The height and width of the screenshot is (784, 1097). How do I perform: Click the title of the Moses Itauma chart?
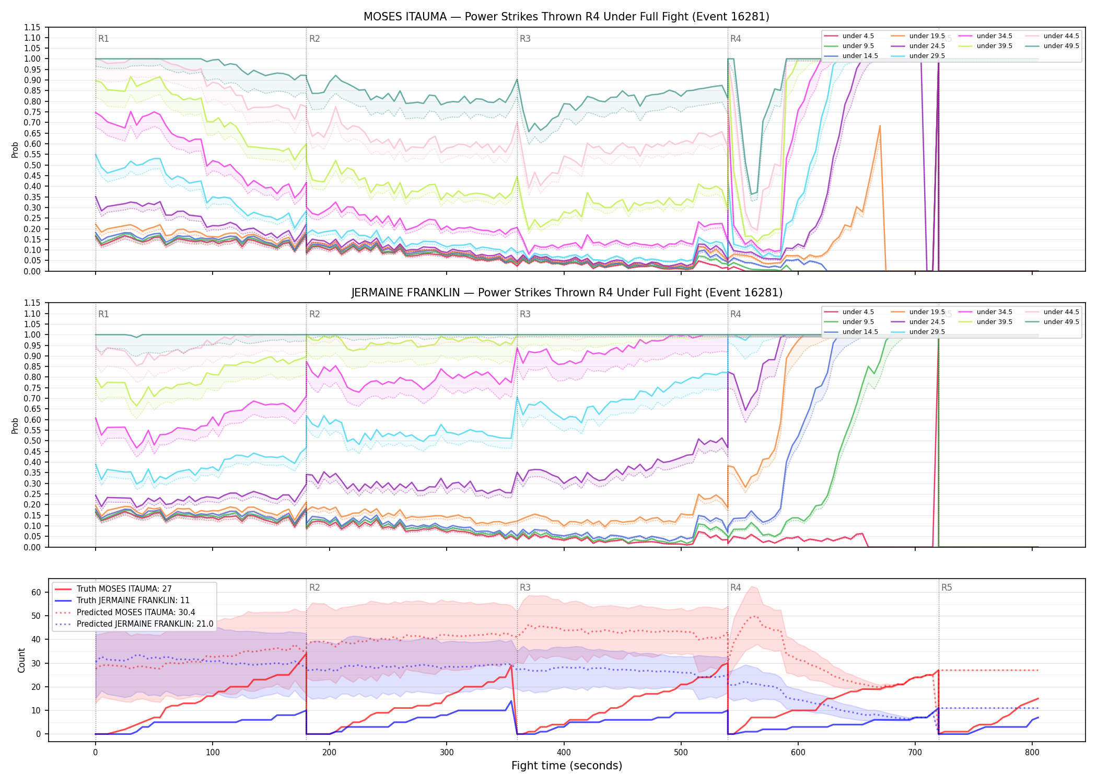(x=566, y=17)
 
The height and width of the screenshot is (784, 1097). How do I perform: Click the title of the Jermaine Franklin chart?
(x=566, y=293)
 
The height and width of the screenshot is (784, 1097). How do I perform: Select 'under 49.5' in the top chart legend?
(x=1061, y=46)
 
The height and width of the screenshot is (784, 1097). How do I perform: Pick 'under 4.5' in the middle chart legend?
(x=858, y=312)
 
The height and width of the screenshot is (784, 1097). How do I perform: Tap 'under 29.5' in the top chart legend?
(x=927, y=56)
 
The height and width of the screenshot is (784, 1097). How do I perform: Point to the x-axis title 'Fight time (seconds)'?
(x=567, y=766)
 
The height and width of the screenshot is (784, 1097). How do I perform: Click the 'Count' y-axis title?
(x=21, y=660)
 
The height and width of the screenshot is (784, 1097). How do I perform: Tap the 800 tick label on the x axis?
(x=1032, y=753)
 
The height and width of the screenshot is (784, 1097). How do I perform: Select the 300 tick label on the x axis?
(x=447, y=753)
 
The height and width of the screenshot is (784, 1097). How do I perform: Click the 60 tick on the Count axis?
(x=36, y=593)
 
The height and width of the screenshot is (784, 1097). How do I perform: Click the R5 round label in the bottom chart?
(x=947, y=587)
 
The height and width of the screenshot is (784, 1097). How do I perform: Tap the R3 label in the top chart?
(x=525, y=39)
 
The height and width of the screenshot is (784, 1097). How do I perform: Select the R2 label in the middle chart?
(x=314, y=314)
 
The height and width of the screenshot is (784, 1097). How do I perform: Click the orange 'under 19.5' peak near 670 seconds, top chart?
(x=880, y=125)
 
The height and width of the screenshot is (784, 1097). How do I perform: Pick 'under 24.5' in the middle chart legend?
(x=927, y=322)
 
